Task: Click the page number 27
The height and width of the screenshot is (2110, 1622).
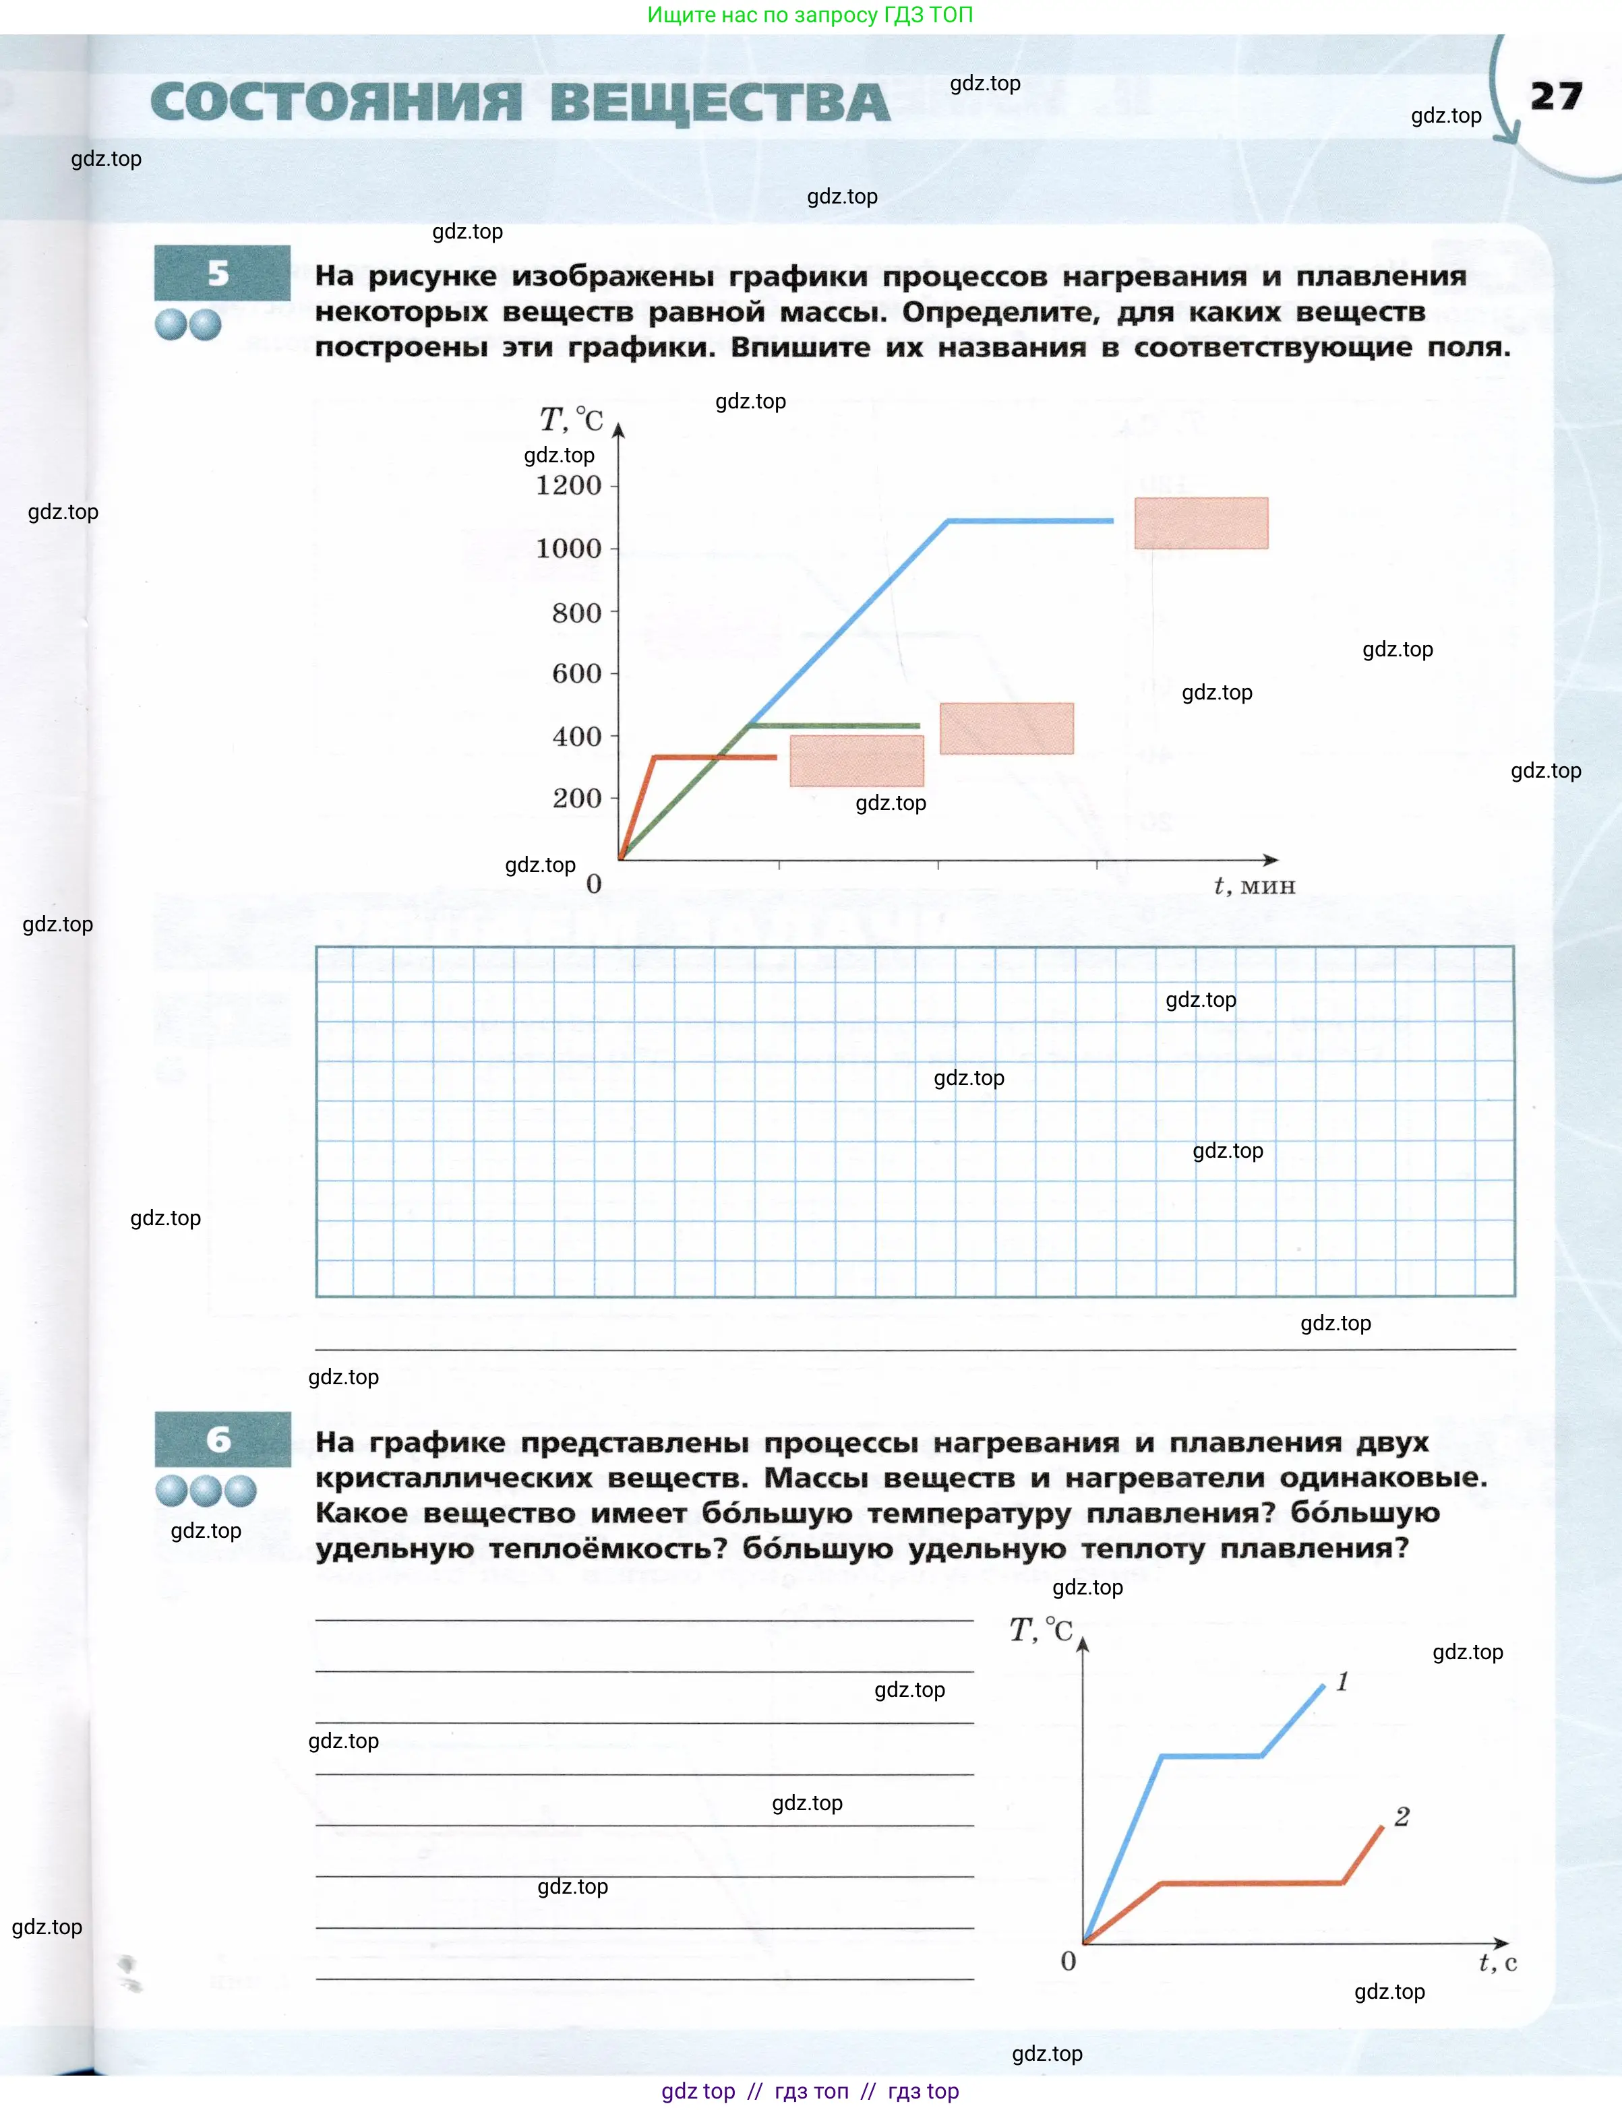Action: (x=1555, y=96)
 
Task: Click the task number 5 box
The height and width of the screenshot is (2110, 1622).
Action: (x=221, y=273)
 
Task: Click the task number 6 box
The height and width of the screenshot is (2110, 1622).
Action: (x=222, y=1439)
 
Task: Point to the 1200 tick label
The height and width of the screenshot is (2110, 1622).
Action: (x=569, y=485)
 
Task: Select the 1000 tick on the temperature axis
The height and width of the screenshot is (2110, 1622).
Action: (x=569, y=549)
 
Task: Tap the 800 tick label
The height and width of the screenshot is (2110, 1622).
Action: (x=576, y=613)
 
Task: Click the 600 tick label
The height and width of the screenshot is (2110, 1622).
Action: (x=576, y=674)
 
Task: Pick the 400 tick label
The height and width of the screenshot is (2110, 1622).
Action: (x=576, y=737)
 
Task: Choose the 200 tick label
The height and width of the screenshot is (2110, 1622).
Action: (x=576, y=799)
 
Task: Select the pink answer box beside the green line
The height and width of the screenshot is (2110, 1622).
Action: (x=1006, y=728)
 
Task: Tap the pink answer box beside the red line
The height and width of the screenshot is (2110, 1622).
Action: (x=856, y=761)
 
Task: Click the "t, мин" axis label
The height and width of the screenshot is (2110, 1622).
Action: (x=1253, y=885)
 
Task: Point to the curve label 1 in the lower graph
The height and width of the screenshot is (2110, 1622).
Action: (x=1342, y=1681)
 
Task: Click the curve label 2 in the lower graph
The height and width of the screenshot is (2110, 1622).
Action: (x=1402, y=1817)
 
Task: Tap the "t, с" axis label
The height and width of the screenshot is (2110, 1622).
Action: (x=1497, y=1962)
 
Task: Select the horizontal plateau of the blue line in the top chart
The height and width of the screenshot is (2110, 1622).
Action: (x=1030, y=521)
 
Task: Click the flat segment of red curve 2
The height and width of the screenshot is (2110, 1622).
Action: (x=1251, y=1882)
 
